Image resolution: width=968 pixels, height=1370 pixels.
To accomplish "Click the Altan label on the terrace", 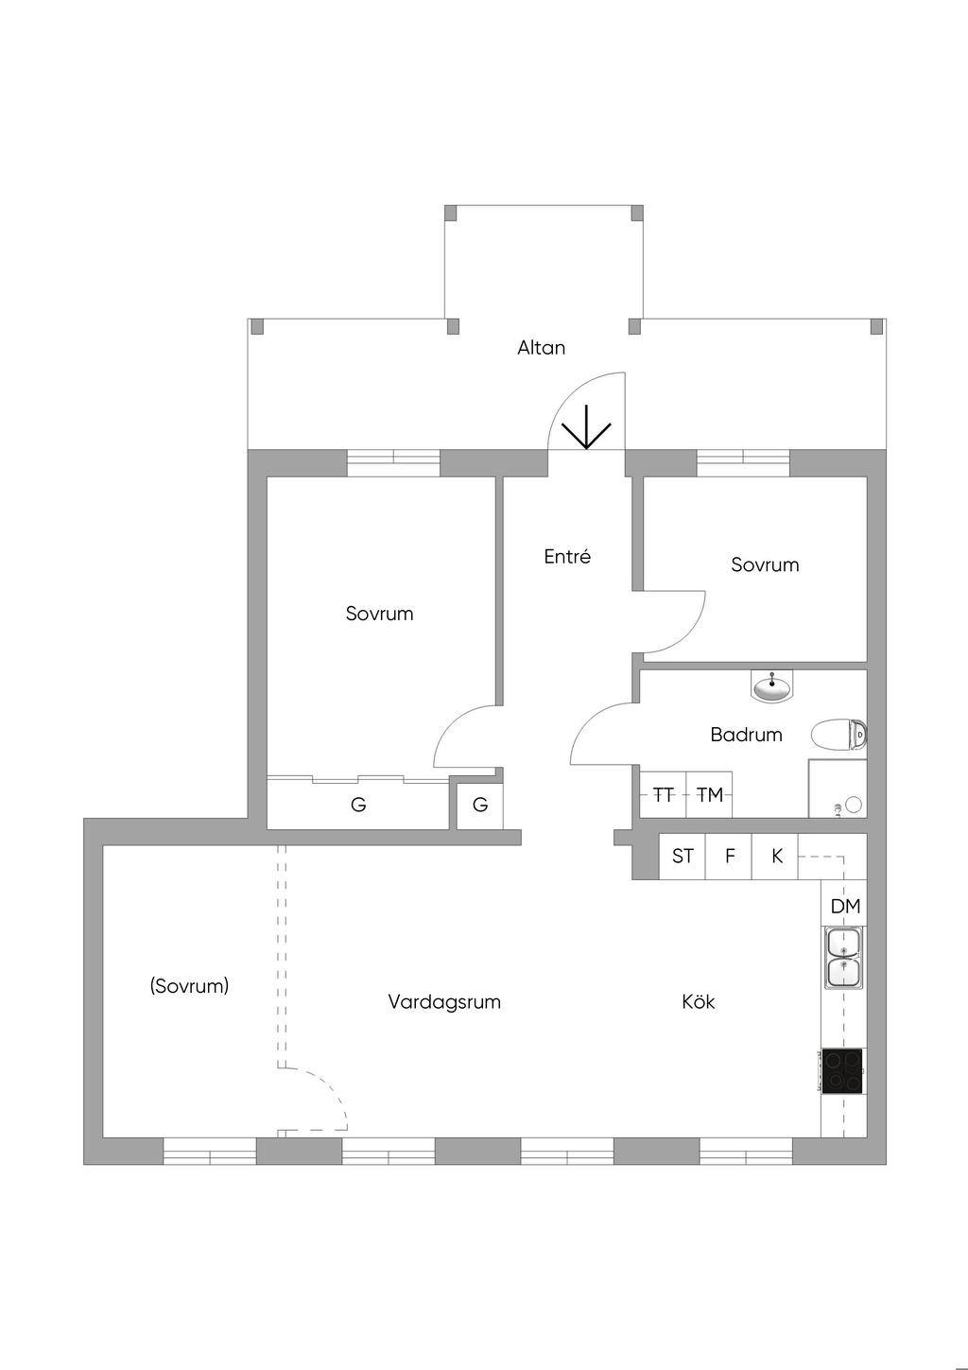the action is click(541, 348).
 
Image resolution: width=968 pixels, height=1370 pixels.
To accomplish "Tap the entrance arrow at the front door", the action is click(587, 427).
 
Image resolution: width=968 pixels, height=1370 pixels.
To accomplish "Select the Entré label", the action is click(567, 557).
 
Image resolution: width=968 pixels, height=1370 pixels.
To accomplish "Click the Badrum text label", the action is click(746, 735).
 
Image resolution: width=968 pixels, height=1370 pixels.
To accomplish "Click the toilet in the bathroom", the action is click(838, 734).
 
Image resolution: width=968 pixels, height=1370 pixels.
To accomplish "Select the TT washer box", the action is click(664, 795).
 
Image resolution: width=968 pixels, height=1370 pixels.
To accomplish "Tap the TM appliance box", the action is click(709, 795).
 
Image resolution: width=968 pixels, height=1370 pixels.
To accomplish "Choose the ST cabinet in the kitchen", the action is click(683, 857).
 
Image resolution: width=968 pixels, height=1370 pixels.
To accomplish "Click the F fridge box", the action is click(729, 857).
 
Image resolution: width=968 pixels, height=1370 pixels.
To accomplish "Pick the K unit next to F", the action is click(776, 857).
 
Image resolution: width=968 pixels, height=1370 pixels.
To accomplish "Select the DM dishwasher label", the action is click(845, 907).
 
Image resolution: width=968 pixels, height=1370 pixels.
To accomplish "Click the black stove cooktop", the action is click(842, 1071).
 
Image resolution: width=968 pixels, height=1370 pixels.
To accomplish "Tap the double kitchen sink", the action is click(843, 958).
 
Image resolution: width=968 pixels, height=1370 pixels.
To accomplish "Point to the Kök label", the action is click(698, 1002).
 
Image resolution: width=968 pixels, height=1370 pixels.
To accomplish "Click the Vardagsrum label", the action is click(444, 1002).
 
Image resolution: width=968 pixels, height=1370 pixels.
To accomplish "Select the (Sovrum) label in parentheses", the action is click(189, 986).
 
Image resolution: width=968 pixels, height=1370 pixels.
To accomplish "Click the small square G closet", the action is click(480, 806).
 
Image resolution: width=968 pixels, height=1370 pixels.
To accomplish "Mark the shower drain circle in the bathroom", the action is click(854, 805).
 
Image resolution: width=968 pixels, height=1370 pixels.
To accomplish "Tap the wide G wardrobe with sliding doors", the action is click(358, 806).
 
